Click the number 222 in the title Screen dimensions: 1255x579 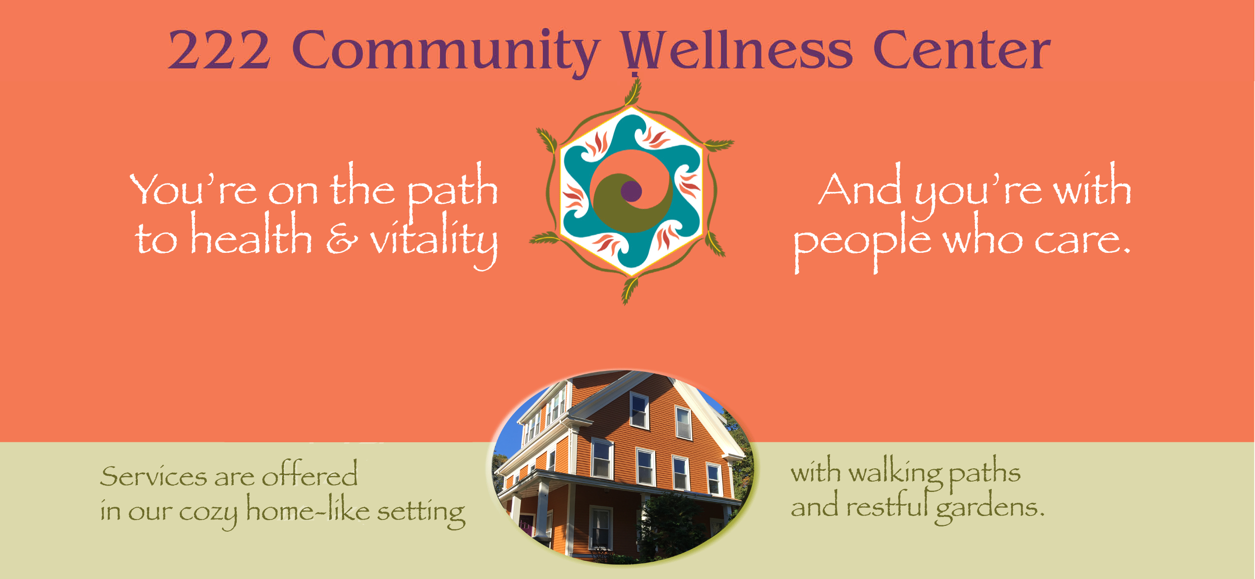coord(219,49)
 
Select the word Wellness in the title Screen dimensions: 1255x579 coord(736,49)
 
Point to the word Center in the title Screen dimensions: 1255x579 coord(962,49)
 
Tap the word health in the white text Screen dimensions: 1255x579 coord(251,233)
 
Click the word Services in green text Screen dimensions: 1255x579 coord(154,476)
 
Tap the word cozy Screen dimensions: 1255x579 coord(208,515)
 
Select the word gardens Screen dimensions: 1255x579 coord(989,510)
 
